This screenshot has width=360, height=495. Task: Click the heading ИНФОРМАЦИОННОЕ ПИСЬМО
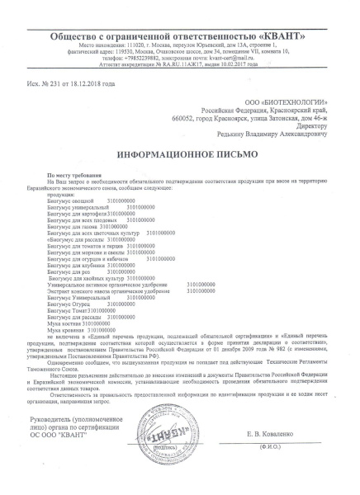[181, 154]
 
